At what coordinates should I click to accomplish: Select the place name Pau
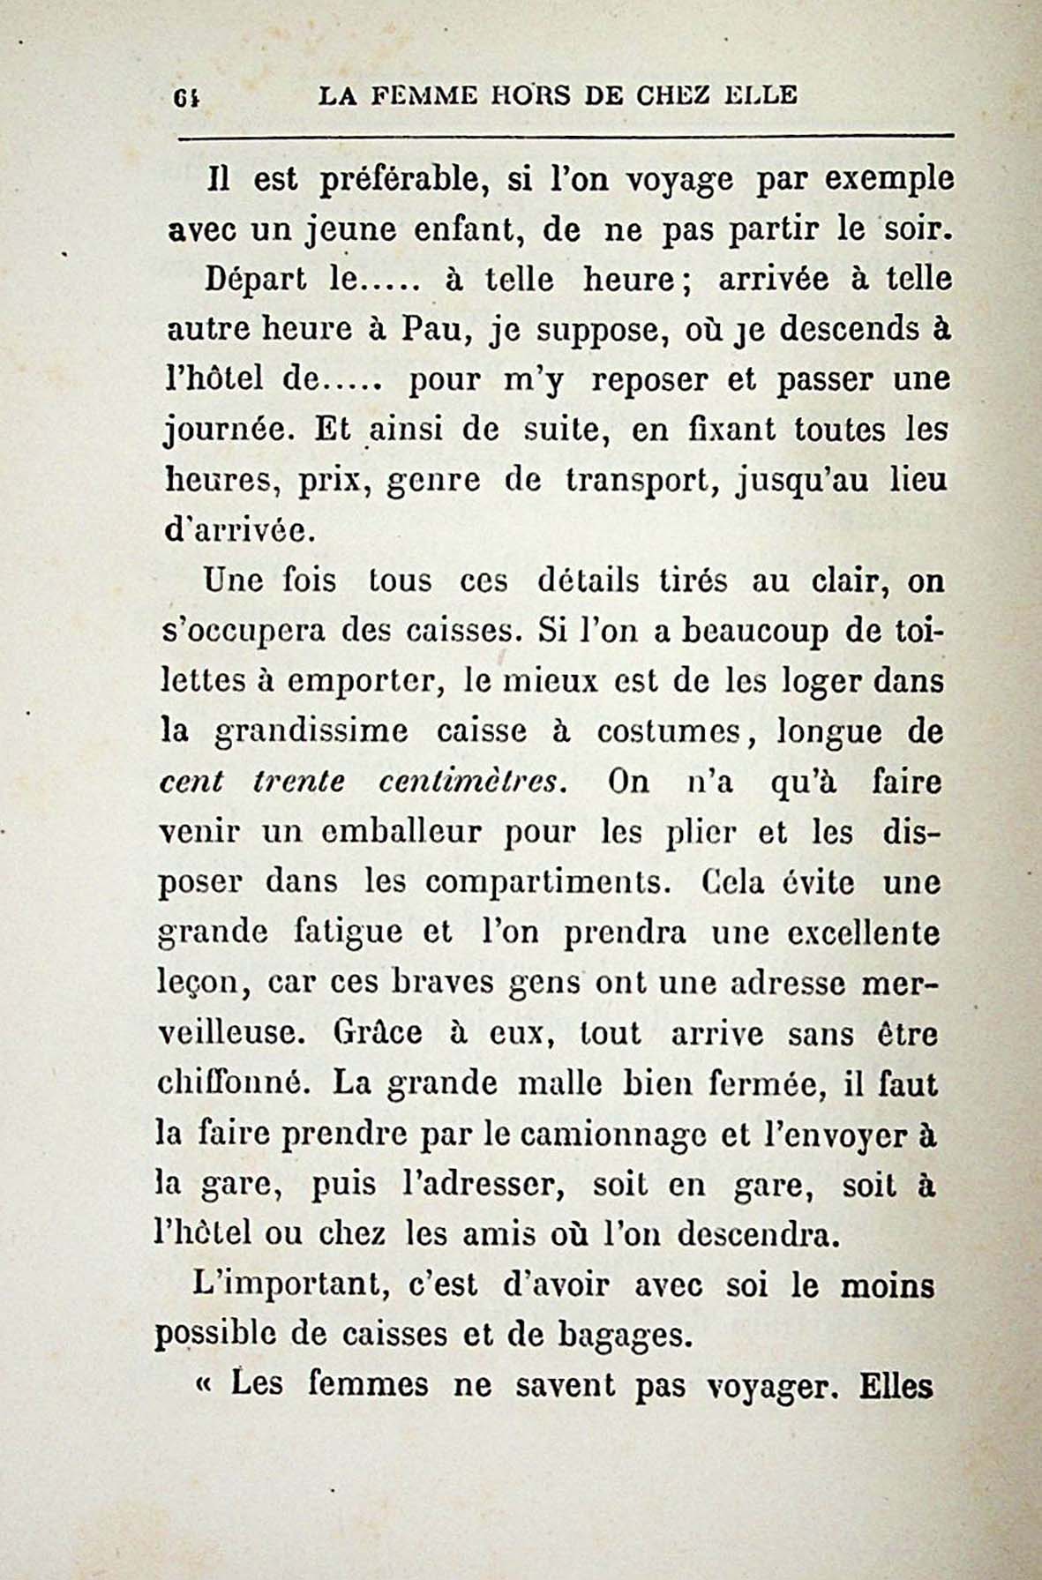click(429, 331)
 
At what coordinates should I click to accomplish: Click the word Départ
click(255, 281)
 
